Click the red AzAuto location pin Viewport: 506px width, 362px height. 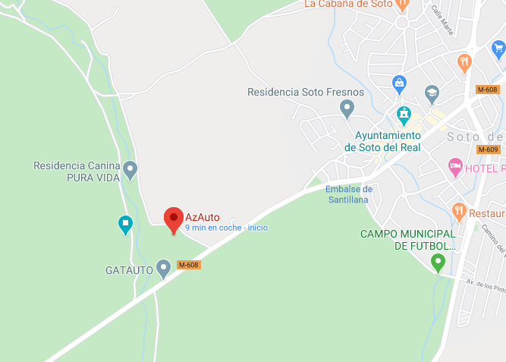point(174,219)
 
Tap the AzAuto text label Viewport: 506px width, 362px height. point(203,217)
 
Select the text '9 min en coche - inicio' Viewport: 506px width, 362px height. point(226,228)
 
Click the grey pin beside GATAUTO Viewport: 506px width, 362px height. point(163,268)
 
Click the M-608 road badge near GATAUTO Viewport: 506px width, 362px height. point(188,265)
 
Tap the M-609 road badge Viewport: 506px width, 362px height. point(489,149)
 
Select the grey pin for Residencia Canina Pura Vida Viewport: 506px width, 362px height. point(130,169)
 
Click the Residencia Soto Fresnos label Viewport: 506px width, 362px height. point(306,93)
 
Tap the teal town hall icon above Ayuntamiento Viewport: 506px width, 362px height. point(404,115)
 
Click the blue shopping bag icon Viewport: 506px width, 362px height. point(399,82)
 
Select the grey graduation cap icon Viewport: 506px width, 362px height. point(432,94)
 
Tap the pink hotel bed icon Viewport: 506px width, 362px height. point(455,166)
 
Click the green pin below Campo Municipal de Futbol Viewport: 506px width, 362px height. point(438,263)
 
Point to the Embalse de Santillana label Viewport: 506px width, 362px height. point(349,194)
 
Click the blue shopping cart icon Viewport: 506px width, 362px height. point(498,50)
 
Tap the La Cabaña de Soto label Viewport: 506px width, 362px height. point(347,5)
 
